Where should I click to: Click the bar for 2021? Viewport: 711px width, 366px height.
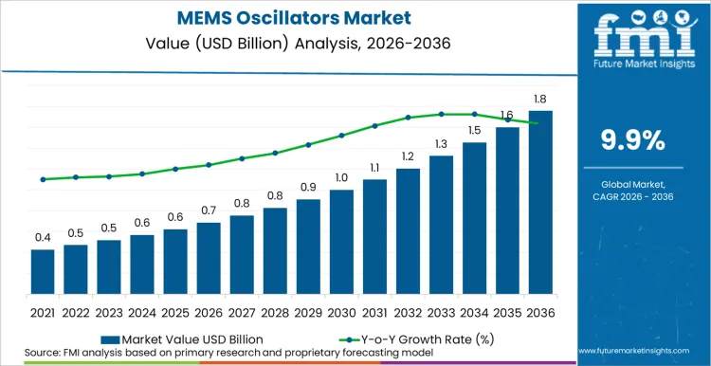43,272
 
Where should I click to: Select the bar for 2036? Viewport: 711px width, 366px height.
540,202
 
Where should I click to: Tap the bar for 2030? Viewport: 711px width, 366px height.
341,242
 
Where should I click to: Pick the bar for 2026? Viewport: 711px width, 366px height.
209,258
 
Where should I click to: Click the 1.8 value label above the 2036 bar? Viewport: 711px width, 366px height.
540,99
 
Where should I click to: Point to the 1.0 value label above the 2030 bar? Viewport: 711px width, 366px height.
341,177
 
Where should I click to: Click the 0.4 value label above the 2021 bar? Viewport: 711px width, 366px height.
43,237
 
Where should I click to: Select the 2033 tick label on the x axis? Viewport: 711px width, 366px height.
441,313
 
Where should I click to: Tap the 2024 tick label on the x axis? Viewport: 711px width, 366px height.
142,313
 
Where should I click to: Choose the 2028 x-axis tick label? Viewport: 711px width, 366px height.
275,313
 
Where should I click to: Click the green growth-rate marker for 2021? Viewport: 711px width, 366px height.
43,179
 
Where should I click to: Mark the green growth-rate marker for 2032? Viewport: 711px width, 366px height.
408,117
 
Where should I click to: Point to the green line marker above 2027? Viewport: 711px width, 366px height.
242,158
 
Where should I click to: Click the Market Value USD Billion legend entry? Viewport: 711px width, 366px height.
182,339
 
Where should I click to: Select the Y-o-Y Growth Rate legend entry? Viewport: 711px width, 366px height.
416,339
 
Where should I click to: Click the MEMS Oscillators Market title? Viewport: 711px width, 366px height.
294,18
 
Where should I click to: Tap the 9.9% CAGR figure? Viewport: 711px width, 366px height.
632,140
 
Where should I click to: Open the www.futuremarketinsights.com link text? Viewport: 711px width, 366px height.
634,351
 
